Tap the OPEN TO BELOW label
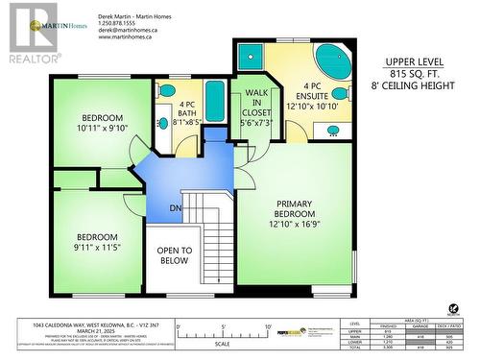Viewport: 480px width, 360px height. pyautogui.click(x=175, y=255)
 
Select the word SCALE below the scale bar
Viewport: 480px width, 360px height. pyautogui.click(x=222, y=344)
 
